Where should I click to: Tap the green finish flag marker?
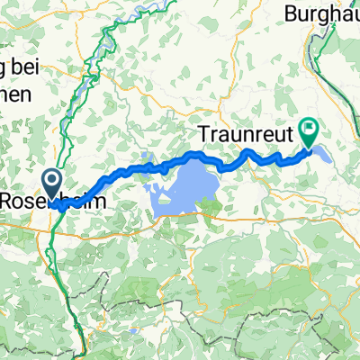pyautogui.click(x=310, y=134)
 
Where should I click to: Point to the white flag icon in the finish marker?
pyautogui.click(x=310, y=130)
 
